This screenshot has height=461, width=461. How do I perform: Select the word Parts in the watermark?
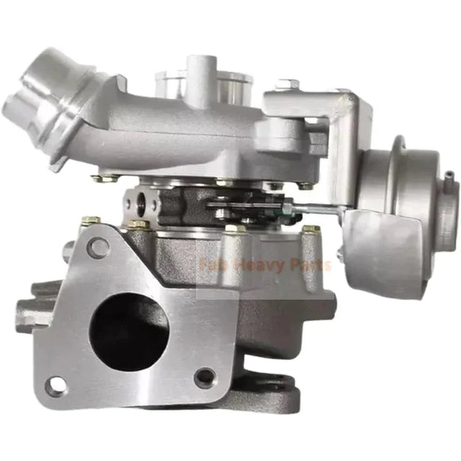(x=308, y=264)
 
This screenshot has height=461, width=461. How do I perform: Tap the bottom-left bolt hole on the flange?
(x=55, y=385)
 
